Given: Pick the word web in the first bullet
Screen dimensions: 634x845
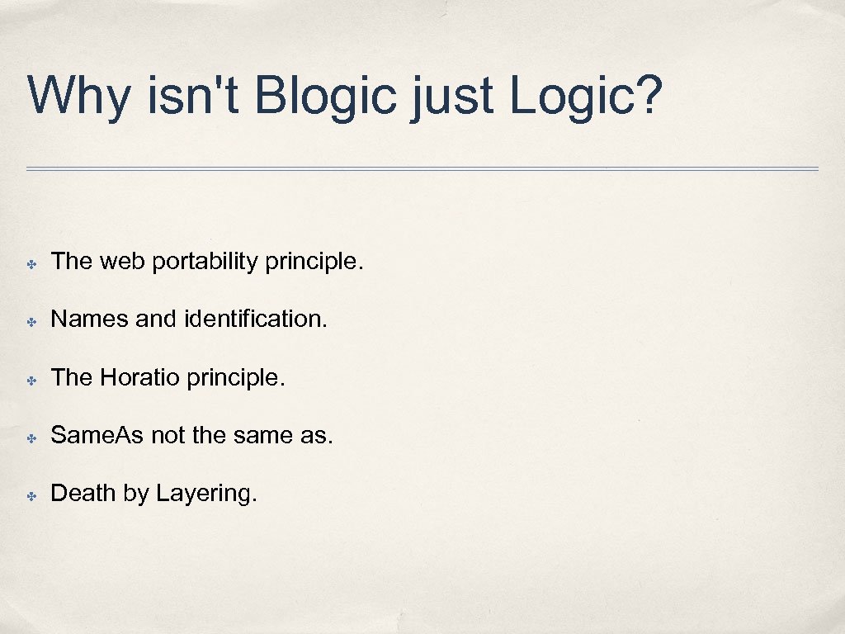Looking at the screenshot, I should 123,262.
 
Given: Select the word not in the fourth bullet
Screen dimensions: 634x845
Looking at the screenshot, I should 168,435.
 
